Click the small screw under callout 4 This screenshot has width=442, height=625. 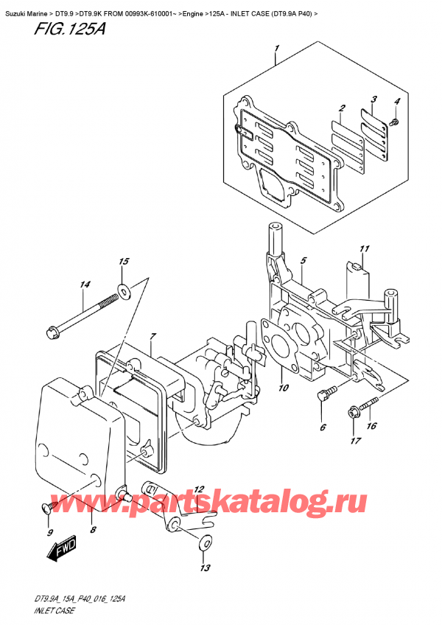click(396, 120)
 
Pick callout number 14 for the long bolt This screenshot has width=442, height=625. click(85, 284)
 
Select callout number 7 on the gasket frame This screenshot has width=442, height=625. click(152, 338)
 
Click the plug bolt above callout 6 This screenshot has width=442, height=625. click(324, 396)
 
